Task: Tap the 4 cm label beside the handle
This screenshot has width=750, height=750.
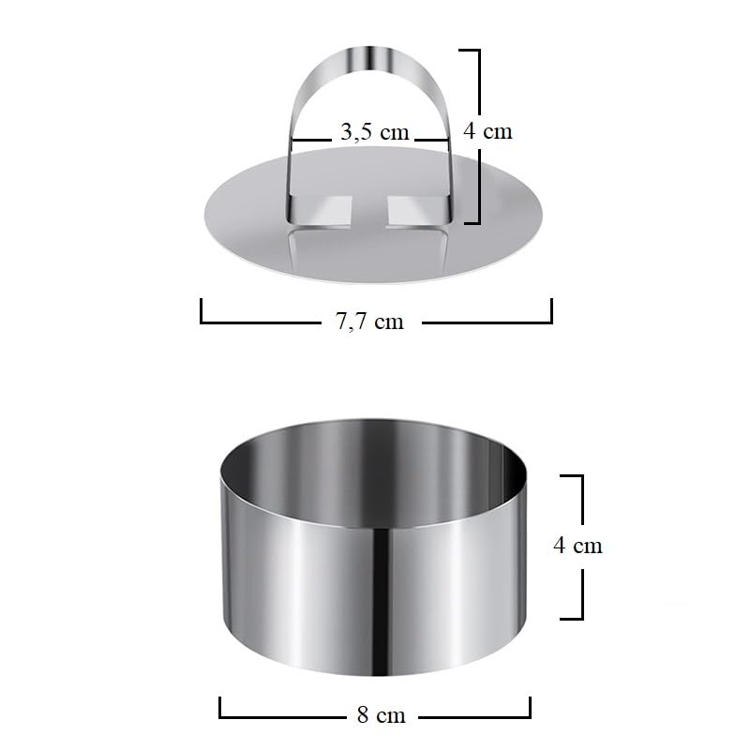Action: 488,130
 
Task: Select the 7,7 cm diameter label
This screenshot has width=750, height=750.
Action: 369,322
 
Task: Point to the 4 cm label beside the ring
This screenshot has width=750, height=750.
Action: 577,546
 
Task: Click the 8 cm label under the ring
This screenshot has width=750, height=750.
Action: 382,715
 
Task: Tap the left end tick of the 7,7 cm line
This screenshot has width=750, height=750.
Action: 202,310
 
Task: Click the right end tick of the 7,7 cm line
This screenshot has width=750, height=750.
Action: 551,310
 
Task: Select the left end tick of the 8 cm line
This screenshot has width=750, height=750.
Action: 220,707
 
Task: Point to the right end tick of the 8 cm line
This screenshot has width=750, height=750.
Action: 530,707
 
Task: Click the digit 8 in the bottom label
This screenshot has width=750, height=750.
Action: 363,715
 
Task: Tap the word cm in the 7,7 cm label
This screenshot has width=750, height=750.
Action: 388,322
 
